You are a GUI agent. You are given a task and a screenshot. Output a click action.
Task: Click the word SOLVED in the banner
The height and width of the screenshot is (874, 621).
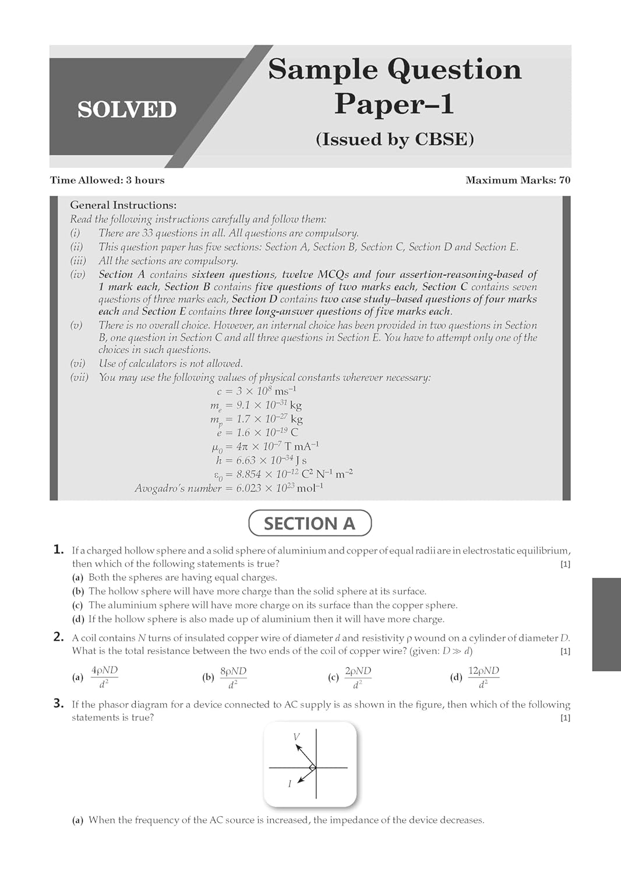[x=126, y=110]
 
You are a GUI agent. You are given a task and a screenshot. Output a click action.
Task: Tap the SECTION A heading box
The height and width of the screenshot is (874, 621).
[x=309, y=523]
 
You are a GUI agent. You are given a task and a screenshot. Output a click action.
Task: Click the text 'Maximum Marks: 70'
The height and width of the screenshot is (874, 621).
[x=517, y=180]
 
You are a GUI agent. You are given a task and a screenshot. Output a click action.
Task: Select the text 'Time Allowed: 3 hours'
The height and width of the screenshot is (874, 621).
[x=107, y=180]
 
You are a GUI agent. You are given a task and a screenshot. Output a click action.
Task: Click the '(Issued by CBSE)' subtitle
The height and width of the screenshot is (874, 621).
[x=394, y=139]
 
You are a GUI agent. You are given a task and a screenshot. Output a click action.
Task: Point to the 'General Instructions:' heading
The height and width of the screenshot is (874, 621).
[x=123, y=205]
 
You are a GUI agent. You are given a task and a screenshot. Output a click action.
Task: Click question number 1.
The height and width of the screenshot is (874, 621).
[x=58, y=549]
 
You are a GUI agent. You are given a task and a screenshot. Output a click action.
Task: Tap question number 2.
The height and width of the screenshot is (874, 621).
[x=58, y=637]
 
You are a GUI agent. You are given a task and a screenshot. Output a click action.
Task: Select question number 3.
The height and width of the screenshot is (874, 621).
[x=58, y=703]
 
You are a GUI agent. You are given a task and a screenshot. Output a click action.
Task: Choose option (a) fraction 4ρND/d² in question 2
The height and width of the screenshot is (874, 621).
[x=104, y=677]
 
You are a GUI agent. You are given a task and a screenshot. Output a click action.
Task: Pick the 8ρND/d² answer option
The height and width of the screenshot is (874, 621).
[x=233, y=677]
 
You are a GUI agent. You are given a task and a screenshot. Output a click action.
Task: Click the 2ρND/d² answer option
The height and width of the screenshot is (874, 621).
[x=358, y=677]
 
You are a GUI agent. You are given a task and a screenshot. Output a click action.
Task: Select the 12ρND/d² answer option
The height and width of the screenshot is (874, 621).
[x=484, y=677]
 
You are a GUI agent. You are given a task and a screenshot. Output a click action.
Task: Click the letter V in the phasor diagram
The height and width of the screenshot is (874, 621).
[x=296, y=737]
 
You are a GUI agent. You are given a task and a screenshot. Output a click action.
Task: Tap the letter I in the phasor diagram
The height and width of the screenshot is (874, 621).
[x=290, y=784]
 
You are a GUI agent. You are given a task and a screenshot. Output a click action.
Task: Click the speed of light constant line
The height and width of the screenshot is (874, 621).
[x=260, y=391]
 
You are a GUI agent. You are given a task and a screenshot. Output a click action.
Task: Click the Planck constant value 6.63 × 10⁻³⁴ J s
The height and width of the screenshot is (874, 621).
[x=261, y=460]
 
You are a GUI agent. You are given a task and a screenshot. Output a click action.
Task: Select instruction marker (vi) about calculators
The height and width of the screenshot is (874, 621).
[x=77, y=364]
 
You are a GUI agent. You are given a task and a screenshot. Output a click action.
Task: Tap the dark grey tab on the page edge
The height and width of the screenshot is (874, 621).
[x=606, y=624]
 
